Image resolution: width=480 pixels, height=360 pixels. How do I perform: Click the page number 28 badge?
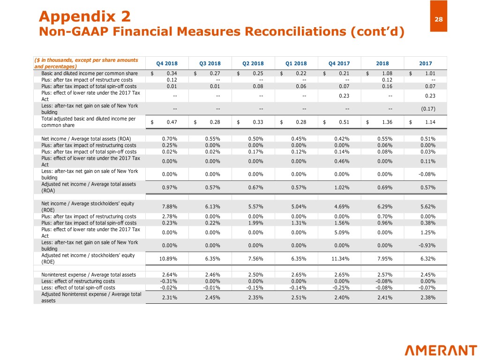point(438,19)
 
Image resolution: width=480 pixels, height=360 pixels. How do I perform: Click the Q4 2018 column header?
point(167,64)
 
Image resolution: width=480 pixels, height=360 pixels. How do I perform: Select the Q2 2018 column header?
point(253,64)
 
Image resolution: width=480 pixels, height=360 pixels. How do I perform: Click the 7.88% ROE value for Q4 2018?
point(169,207)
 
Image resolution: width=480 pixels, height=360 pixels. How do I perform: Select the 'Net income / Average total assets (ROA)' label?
point(86,139)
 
